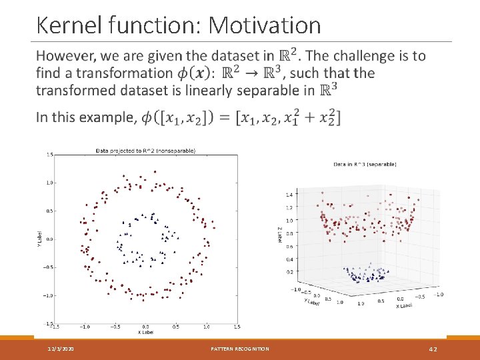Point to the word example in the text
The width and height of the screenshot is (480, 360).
104,118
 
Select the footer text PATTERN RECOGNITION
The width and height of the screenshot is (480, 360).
240,349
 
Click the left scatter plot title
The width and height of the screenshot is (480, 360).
145,151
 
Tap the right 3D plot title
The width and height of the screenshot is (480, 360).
365,164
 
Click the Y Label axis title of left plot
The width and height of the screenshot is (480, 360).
39,239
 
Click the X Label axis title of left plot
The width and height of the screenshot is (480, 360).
145,332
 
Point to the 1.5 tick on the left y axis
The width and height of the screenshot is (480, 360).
49,155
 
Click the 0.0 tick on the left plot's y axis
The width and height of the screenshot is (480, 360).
49,239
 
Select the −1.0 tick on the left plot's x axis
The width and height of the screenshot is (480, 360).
85,327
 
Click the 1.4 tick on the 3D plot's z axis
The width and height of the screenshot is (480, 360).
288,194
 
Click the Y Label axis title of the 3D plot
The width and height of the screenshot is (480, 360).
311,302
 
